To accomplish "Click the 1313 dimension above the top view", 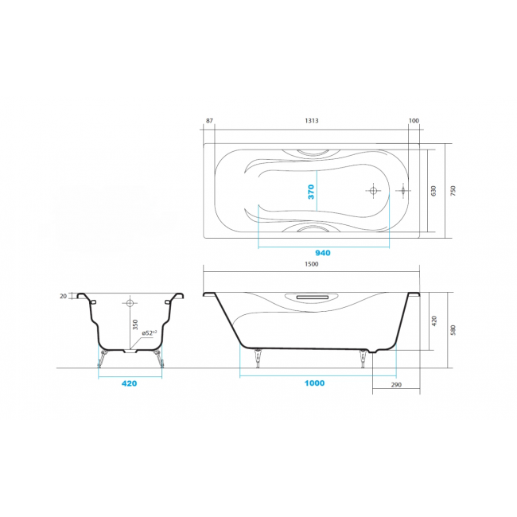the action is point(312,121).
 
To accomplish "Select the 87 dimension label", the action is point(209,121).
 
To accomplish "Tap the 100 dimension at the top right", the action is point(414,121).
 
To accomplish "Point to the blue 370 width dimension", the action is point(311,192).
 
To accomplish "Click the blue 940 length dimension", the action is point(323,253).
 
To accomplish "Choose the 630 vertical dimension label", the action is point(433,191).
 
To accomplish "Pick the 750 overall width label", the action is point(453,191).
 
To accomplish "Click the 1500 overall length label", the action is point(312,264).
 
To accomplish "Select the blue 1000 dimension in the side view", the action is point(314,383).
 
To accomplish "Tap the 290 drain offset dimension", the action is point(396,385).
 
